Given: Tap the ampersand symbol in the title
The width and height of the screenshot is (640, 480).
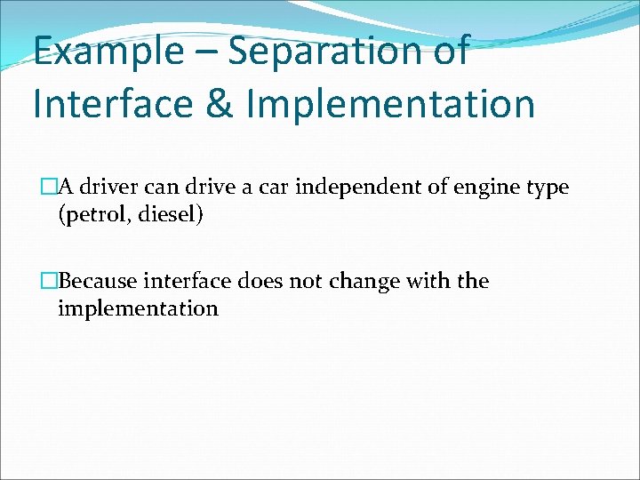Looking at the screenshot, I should tap(217, 103).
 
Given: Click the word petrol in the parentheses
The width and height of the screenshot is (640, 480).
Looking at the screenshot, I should tap(93, 216).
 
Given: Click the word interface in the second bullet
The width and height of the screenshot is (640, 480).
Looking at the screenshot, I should tap(191, 282).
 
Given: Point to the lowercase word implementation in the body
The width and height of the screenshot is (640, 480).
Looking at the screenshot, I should tap(138, 309).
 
